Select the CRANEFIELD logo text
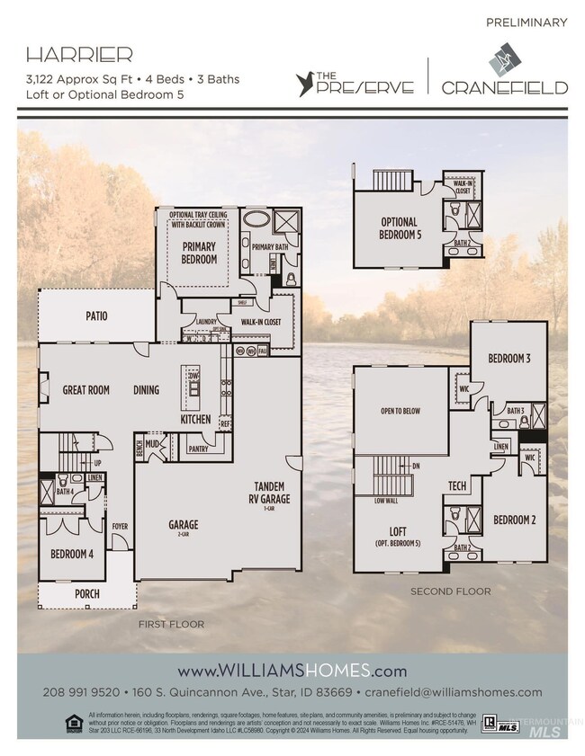(504, 87)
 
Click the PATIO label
(96, 316)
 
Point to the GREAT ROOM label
(86, 390)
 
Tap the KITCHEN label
(195, 419)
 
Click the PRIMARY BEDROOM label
(199, 253)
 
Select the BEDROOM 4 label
(73, 553)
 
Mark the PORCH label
(87, 594)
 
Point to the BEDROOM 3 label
(509, 359)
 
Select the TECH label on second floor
(456, 486)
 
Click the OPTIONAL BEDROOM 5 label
(399, 228)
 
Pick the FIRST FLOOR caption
(171, 624)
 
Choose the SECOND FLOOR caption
(450, 591)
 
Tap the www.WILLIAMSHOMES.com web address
(292, 671)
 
